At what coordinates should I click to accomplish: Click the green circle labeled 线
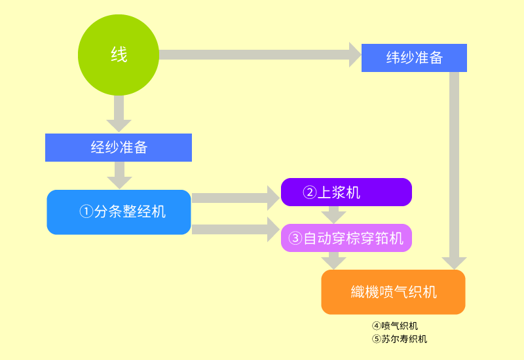click(119, 55)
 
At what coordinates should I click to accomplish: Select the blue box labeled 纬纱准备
click(414, 58)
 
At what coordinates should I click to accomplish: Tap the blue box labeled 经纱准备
click(119, 147)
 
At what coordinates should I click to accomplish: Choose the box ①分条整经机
click(119, 212)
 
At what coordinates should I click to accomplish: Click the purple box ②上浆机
click(346, 192)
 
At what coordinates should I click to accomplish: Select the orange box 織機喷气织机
click(393, 292)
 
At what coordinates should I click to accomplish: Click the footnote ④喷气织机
click(395, 326)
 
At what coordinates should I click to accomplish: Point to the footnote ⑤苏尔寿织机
click(400, 339)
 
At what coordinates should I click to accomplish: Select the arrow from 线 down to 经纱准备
click(119, 113)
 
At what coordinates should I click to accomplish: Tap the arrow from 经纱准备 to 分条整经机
click(119, 174)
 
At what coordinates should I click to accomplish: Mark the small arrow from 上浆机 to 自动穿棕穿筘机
click(333, 214)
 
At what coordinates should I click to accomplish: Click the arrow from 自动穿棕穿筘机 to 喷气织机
click(333, 261)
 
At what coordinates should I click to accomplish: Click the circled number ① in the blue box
click(86, 212)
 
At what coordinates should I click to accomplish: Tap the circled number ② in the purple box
click(309, 192)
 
